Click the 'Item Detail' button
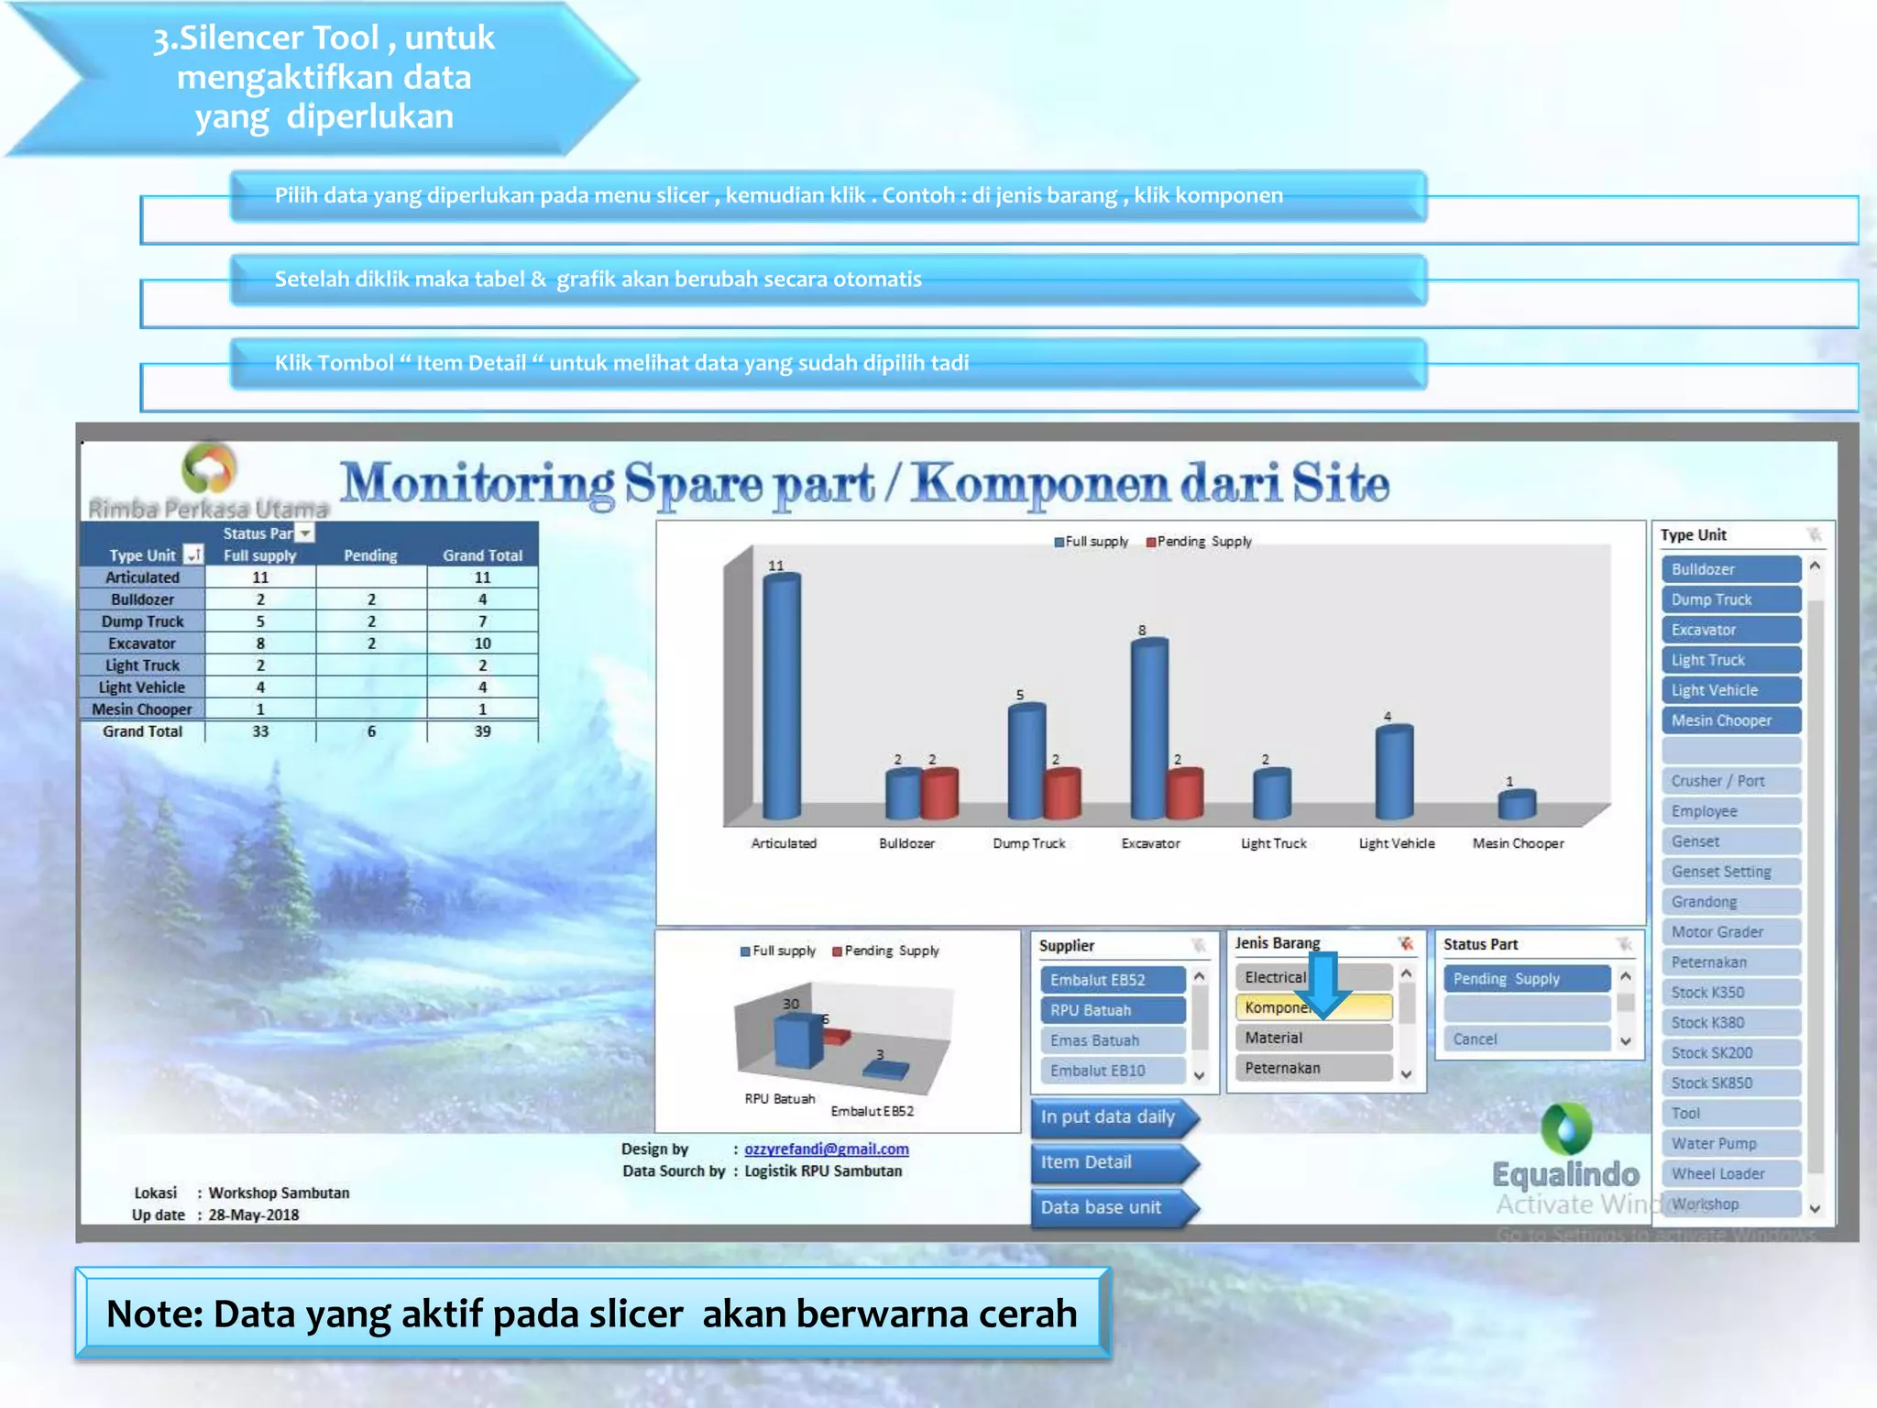point(1109,1162)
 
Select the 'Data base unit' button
point(1109,1207)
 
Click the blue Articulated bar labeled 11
point(781,697)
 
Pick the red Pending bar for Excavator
point(1185,794)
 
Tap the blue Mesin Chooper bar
point(1517,805)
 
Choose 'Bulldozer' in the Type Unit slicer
point(1730,569)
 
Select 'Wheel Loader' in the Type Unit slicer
point(1730,1173)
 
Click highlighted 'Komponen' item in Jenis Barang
point(1274,1007)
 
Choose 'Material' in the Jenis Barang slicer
point(1312,1038)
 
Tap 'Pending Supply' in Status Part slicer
point(1526,978)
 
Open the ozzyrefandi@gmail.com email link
point(826,1149)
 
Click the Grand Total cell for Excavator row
point(482,643)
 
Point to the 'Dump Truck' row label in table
point(142,621)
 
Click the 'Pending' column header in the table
point(370,555)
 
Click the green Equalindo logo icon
point(1566,1128)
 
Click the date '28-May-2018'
point(254,1215)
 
